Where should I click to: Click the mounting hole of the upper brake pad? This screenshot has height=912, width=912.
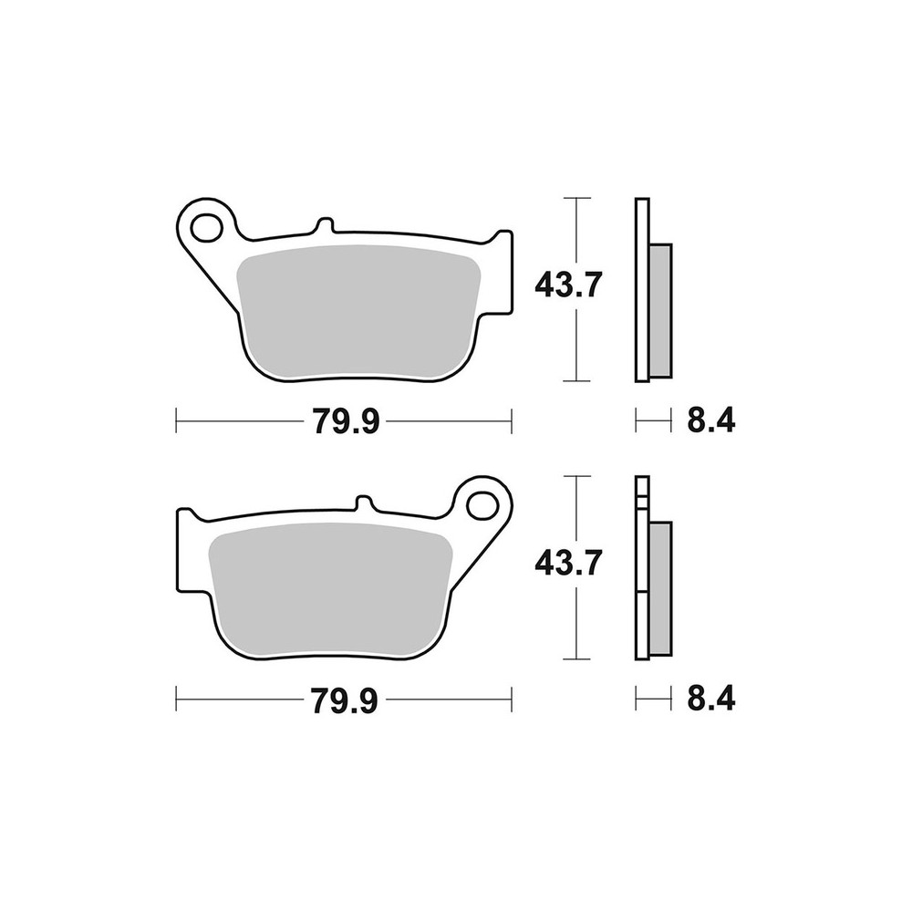(209, 225)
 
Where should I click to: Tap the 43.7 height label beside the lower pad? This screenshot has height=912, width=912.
(566, 565)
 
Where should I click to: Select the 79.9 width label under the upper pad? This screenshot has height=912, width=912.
(346, 420)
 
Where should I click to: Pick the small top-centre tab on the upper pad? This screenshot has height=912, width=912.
(325, 226)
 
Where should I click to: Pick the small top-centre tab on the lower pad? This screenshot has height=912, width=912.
(363, 504)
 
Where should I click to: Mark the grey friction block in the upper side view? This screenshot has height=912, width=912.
(661, 310)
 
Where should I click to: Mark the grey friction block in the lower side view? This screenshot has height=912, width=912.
(661, 588)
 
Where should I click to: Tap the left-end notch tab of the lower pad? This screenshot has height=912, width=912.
(184, 547)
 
